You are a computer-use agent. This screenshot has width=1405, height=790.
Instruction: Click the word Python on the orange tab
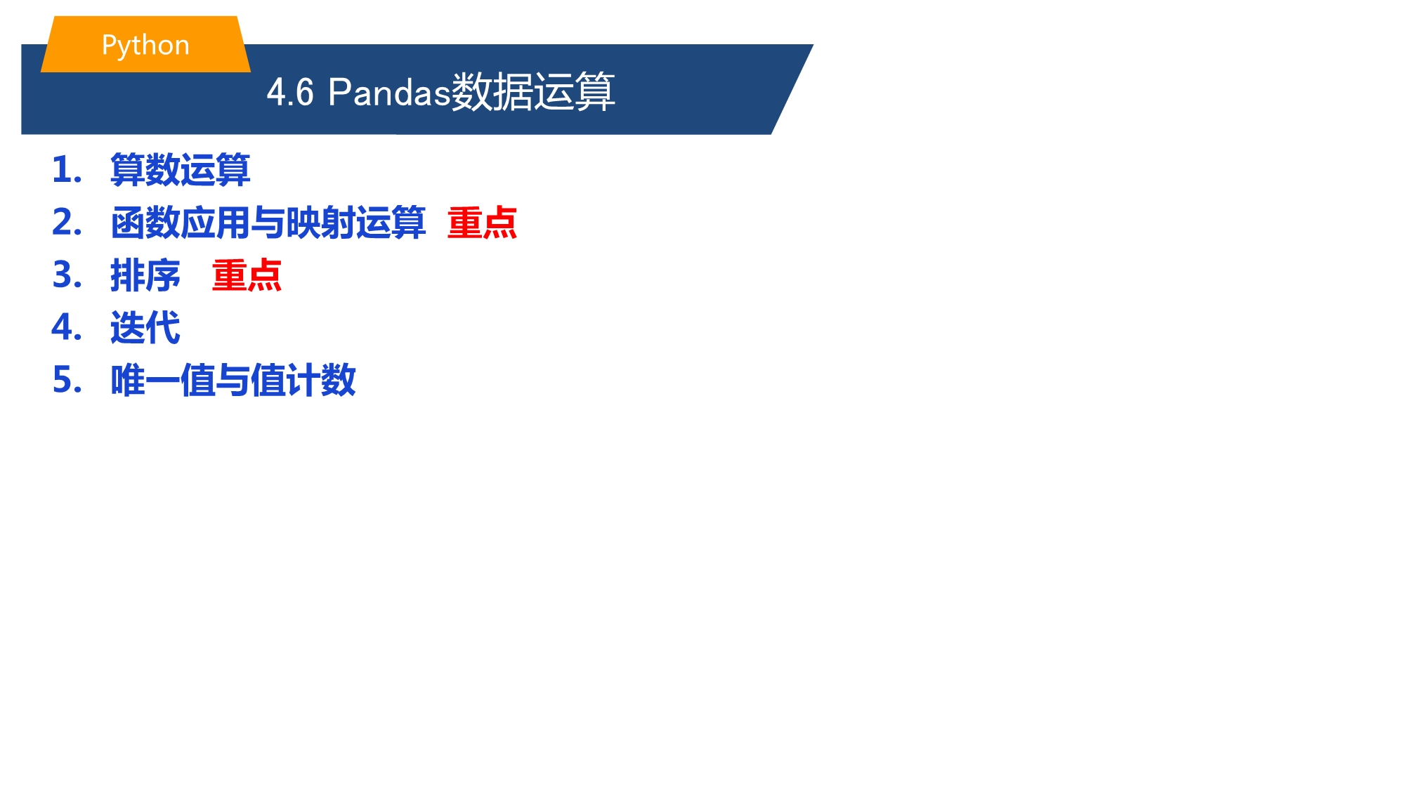coord(145,46)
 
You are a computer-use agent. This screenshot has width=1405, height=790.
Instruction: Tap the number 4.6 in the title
coord(290,92)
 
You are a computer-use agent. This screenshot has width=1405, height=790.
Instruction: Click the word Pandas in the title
coord(388,92)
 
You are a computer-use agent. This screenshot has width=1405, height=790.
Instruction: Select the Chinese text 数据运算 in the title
coord(532,92)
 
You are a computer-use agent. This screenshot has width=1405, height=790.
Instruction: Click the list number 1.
coord(67,170)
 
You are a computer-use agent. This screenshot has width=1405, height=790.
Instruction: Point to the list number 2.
coord(67,223)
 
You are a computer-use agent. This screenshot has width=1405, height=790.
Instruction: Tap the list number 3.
coord(67,275)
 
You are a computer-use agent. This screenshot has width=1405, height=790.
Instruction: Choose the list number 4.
coord(67,328)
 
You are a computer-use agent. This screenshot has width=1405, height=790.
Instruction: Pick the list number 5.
coord(67,381)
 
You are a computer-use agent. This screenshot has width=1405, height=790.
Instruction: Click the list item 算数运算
coord(181,170)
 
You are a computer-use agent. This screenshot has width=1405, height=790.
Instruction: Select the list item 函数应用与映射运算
coord(268,223)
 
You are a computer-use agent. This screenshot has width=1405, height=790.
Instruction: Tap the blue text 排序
coord(145,275)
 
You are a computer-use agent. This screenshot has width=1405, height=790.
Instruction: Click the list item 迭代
coord(145,328)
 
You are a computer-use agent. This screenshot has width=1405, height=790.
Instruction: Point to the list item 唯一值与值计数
coord(233,381)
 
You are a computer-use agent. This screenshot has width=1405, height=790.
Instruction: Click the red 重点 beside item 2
coord(483,223)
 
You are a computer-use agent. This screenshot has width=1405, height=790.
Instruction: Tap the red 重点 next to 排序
coord(247,275)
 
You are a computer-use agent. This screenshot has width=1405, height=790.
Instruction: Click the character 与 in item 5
coord(233,381)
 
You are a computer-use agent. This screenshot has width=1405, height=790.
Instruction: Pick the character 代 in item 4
coord(163,328)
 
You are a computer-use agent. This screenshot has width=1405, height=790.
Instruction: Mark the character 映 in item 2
coord(303,223)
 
